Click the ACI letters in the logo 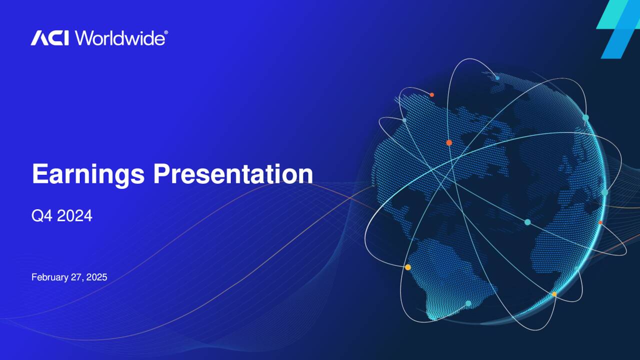tap(50, 38)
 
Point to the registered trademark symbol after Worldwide tap(166, 33)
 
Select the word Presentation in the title tap(233, 174)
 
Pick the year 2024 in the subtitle tap(74, 216)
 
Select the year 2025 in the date tap(96, 277)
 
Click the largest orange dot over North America tap(449, 142)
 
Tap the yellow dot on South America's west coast tap(408, 267)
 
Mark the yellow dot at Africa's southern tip tap(554, 294)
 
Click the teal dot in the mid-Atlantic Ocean tap(527, 221)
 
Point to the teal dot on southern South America tap(468, 303)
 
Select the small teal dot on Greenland tap(497, 77)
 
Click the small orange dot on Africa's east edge tap(600, 222)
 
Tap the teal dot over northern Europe tap(585, 117)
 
